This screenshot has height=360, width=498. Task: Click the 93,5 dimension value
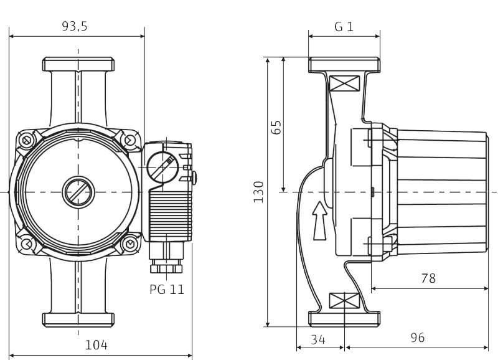pyautogui.click(x=74, y=26)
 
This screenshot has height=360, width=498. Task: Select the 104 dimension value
pyautogui.click(x=96, y=345)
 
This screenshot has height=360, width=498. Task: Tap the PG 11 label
pyautogui.click(x=167, y=289)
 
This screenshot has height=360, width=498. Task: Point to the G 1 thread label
pyautogui.click(x=344, y=26)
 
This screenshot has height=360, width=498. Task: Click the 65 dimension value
pyautogui.click(x=276, y=127)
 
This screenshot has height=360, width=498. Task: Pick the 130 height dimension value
pyautogui.click(x=258, y=192)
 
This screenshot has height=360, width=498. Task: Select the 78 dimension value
pyautogui.click(x=428, y=278)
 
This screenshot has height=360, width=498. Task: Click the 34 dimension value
pyautogui.click(x=318, y=339)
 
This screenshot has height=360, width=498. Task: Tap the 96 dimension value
pyautogui.click(x=417, y=338)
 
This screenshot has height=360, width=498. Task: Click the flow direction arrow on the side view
pyautogui.click(x=319, y=220)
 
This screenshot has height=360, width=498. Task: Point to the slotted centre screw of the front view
pyautogui.click(x=78, y=192)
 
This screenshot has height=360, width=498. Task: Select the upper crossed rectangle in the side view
pyautogui.click(x=344, y=83)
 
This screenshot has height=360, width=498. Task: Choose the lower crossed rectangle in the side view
pyautogui.click(x=344, y=301)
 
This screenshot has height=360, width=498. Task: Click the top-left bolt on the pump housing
pyautogui.click(x=26, y=140)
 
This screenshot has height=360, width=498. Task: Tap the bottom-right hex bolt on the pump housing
pyautogui.click(x=130, y=244)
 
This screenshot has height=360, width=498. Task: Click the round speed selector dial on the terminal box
pyautogui.click(x=162, y=167)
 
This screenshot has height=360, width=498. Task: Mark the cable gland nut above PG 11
pyautogui.click(x=166, y=267)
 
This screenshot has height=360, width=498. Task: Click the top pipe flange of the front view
pyautogui.click(x=78, y=64)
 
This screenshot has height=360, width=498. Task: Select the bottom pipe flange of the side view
pyautogui.click(x=344, y=319)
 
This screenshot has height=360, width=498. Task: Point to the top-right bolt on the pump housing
pyautogui.click(x=130, y=140)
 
